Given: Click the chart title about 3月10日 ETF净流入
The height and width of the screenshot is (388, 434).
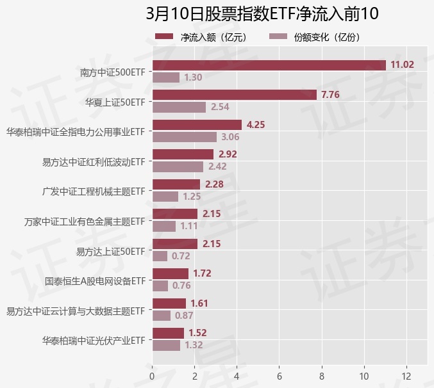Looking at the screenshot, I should pos(262,14).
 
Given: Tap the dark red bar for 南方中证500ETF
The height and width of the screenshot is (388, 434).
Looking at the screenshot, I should pos(269,65).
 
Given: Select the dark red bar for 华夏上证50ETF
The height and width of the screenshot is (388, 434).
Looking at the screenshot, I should pos(234,95).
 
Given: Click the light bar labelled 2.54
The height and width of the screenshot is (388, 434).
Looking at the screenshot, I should pos(179,107).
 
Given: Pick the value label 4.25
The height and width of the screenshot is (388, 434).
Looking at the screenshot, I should pos(256,125).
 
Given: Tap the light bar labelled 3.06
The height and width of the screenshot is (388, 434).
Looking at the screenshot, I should pos(184,137).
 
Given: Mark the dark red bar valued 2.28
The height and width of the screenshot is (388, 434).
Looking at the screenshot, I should pos(176,184).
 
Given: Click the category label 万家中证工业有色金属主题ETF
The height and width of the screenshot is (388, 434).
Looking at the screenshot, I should pos(85,222).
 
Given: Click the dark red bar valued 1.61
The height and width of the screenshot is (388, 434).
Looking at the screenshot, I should pos(169,303).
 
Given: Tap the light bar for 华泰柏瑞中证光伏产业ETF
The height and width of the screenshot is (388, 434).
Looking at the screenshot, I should pos(166,346).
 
